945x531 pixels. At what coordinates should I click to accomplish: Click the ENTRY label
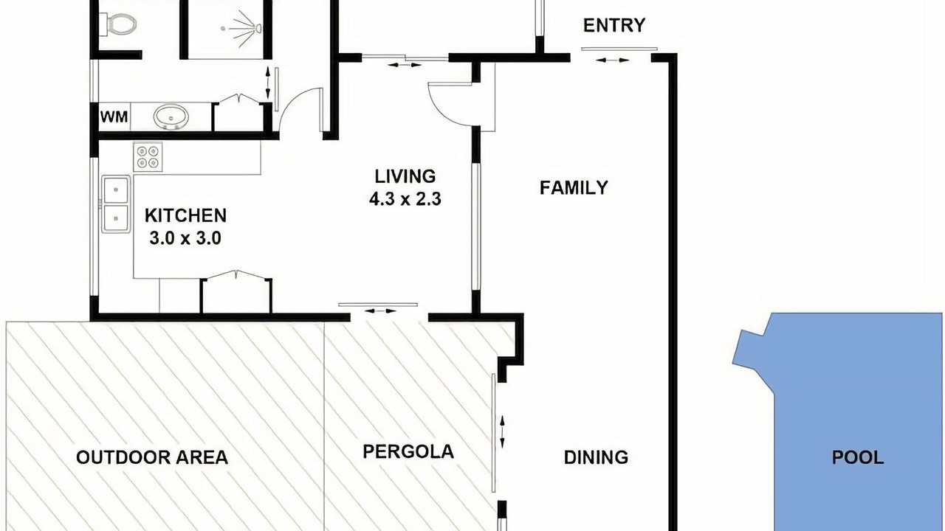614,26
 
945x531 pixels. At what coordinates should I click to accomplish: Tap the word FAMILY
574,187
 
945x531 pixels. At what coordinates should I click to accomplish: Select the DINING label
596,457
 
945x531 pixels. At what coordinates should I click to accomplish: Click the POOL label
858,457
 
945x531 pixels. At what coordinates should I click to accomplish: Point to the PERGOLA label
408,452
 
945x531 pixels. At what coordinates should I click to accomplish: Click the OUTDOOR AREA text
152,457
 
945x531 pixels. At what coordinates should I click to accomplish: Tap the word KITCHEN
185,216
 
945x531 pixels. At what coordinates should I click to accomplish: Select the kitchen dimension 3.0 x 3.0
185,238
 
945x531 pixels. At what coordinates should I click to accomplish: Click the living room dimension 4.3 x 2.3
405,199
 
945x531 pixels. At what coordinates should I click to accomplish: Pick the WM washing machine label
114,117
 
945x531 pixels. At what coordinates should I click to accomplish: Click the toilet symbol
119,24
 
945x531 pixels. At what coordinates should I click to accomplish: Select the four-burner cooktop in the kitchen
148,157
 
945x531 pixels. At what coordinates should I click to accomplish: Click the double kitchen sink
116,204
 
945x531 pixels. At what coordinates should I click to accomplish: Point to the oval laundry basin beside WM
171,117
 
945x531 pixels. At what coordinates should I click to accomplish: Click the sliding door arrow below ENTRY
612,60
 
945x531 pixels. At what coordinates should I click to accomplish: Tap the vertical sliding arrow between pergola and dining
502,432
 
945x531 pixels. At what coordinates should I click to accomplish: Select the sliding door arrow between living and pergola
380,311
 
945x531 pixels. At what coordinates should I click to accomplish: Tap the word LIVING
405,176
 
